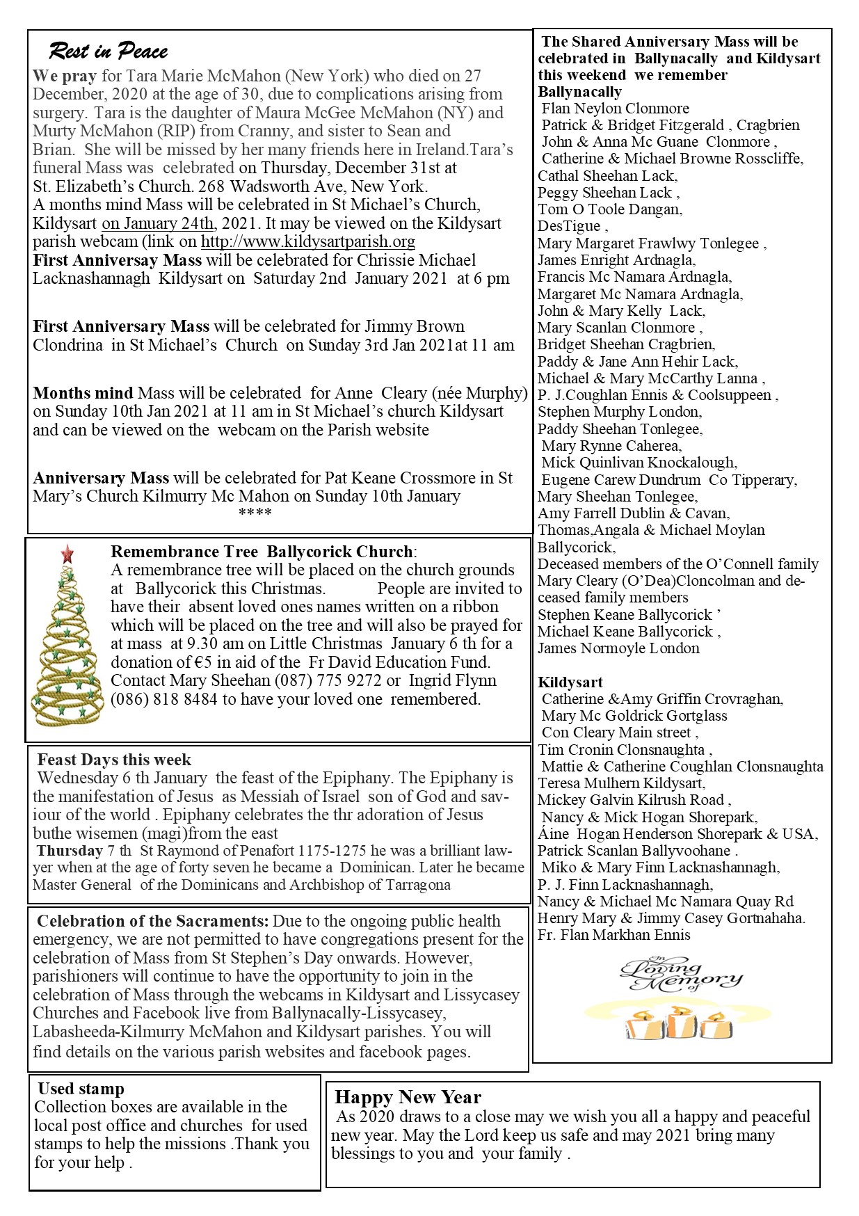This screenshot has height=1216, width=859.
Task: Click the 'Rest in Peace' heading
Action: (x=108, y=51)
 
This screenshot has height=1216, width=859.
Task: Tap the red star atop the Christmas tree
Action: (x=67, y=554)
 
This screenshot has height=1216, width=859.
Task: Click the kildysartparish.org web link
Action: (x=307, y=241)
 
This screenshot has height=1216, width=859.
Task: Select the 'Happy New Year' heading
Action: (x=408, y=1097)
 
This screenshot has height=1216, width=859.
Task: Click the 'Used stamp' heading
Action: (x=81, y=1089)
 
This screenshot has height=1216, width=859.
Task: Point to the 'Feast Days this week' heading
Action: (x=114, y=760)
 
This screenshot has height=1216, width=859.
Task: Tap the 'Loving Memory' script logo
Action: (x=680, y=973)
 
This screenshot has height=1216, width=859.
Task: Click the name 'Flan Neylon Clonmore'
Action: (x=615, y=109)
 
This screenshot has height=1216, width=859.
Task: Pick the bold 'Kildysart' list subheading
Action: (x=570, y=682)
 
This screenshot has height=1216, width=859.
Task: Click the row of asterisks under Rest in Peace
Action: (x=255, y=513)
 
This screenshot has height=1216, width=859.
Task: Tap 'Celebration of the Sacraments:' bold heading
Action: (x=152, y=921)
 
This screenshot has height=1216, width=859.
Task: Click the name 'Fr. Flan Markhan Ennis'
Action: (x=613, y=935)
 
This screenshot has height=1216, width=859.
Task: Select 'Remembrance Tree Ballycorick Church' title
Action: (x=262, y=552)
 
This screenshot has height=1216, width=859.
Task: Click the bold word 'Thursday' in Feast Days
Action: (x=70, y=851)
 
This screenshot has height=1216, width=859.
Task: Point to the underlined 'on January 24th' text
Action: (x=158, y=223)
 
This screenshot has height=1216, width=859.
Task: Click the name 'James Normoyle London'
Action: (x=618, y=648)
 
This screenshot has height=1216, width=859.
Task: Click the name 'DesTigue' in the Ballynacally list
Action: (x=569, y=226)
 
